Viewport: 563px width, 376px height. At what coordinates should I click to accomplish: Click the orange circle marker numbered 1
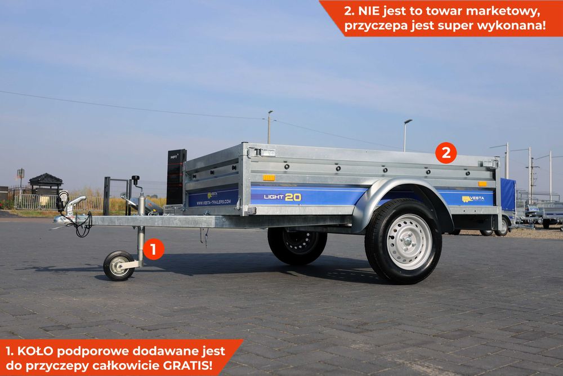pyautogui.click(x=153, y=249)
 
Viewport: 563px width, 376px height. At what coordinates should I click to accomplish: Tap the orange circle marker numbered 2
pyautogui.click(x=446, y=153)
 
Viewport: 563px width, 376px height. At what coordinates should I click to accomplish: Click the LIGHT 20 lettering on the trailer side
pyautogui.click(x=282, y=197)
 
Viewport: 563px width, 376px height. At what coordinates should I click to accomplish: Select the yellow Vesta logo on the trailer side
pyautogui.click(x=473, y=198)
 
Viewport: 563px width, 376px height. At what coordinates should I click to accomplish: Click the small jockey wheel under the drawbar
pyautogui.click(x=119, y=266)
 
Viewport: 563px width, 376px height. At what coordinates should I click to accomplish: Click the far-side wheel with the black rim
pyautogui.click(x=297, y=243)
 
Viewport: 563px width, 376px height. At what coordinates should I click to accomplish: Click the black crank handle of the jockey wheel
pyautogui.click(x=135, y=180)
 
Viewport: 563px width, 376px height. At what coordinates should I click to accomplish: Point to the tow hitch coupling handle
pyautogui.click(x=77, y=202)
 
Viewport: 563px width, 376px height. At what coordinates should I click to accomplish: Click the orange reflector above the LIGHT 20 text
pyautogui.click(x=269, y=178)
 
